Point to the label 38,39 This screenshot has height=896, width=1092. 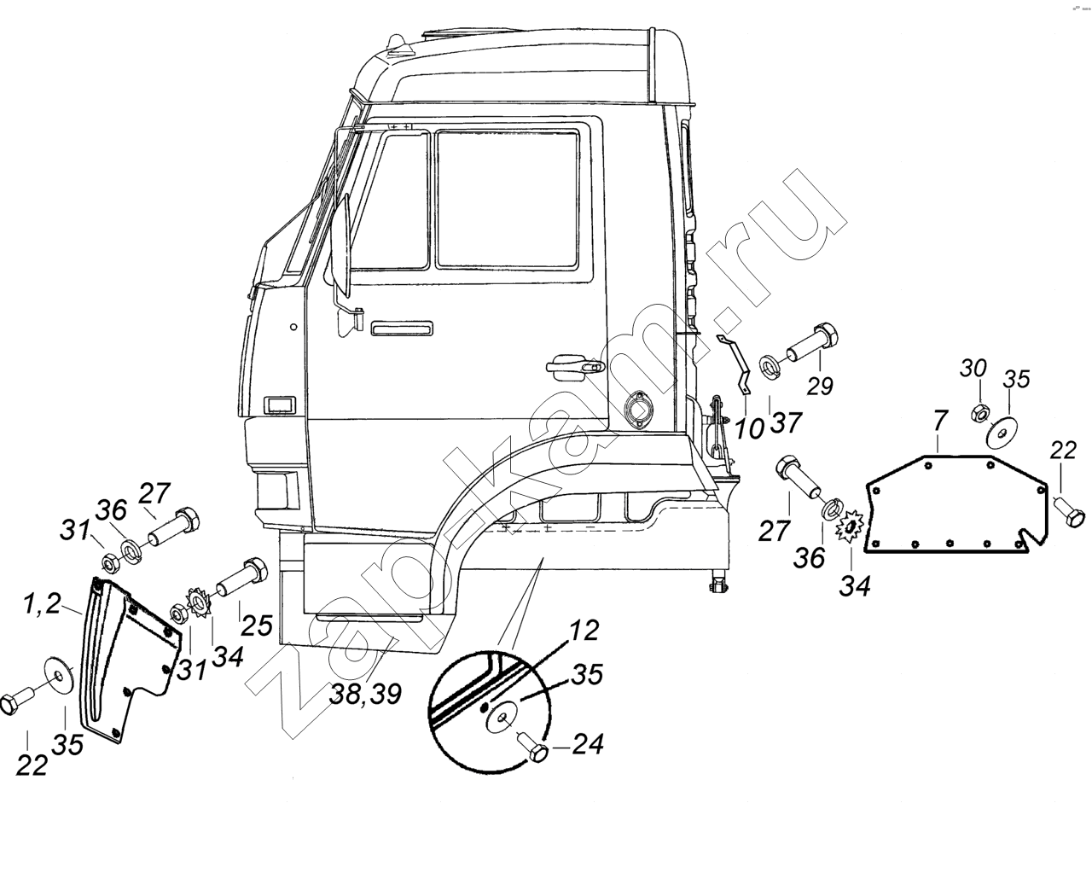click(365, 695)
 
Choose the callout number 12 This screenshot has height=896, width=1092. click(584, 632)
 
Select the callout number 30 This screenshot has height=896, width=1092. click(973, 369)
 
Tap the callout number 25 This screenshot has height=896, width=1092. click(256, 625)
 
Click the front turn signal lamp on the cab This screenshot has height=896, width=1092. click(279, 405)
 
